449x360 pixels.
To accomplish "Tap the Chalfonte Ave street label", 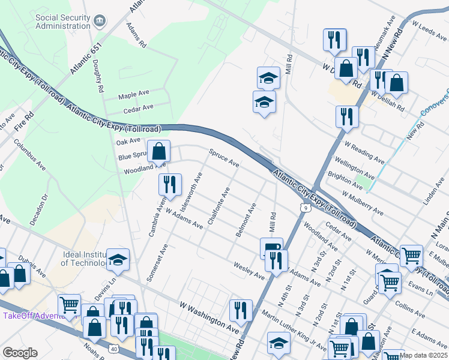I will [218, 206].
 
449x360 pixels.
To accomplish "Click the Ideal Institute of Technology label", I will [85, 259].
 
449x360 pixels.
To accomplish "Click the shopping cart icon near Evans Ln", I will [411, 256].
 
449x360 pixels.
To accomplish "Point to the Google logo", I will [20, 353].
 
